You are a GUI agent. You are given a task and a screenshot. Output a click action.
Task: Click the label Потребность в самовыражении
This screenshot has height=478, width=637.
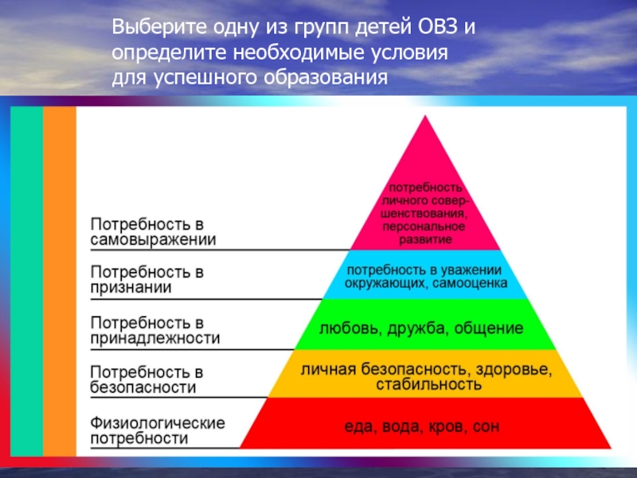tap(152, 230)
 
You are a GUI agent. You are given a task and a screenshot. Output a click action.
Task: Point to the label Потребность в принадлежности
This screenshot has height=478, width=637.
tap(154, 330)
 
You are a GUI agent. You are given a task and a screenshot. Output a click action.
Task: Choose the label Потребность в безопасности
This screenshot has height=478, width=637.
tap(143, 379)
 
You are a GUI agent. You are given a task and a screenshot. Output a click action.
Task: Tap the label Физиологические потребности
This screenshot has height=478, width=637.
tap(157, 429)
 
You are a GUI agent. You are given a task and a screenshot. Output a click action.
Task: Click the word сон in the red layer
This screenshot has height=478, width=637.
tap(486, 427)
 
